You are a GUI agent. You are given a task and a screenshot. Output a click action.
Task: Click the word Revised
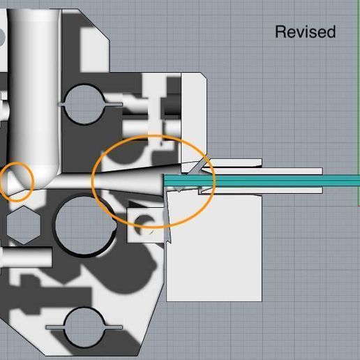(x=305, y=32)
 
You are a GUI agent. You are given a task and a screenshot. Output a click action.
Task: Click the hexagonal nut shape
(x=21, y=225)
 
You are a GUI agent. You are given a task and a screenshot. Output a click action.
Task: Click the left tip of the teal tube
(x=166, y=181)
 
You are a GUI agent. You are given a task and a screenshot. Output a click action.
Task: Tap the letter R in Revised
(x=280, y=32)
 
